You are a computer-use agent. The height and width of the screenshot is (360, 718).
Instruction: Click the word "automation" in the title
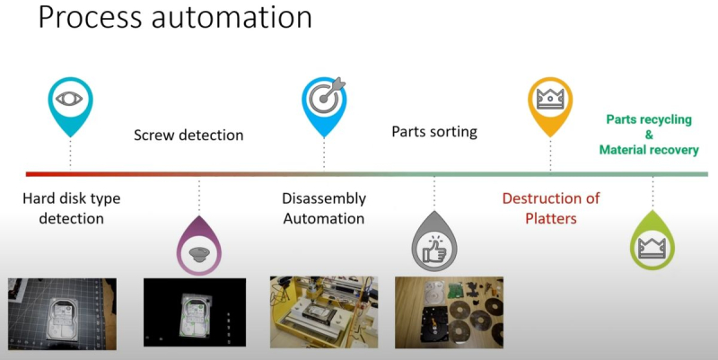(232, 18)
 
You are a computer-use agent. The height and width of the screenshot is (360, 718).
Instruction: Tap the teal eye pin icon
(70, 101)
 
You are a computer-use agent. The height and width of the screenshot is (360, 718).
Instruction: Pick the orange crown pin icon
(549, 101)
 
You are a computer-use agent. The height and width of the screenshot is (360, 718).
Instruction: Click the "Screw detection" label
(188, 136)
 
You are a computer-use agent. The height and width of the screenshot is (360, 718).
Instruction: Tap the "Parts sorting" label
(434, 132)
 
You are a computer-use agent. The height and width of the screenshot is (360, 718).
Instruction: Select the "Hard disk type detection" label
(70, 208)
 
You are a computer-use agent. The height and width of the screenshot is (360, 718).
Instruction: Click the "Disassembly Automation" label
(323, 208)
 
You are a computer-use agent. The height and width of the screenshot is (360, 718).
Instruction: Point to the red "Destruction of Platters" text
(550, 207)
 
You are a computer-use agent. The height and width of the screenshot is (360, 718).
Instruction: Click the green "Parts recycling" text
(649, 119)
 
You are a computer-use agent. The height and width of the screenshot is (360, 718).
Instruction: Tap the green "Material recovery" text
(649, 150)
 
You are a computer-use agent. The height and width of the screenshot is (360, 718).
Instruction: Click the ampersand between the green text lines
(649, 135)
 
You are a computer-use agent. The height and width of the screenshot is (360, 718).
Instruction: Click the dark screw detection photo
(195, 312)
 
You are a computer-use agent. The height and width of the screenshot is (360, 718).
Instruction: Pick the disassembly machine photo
(324, 312)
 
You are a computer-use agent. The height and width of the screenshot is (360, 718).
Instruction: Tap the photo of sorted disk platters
(449, 312)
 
